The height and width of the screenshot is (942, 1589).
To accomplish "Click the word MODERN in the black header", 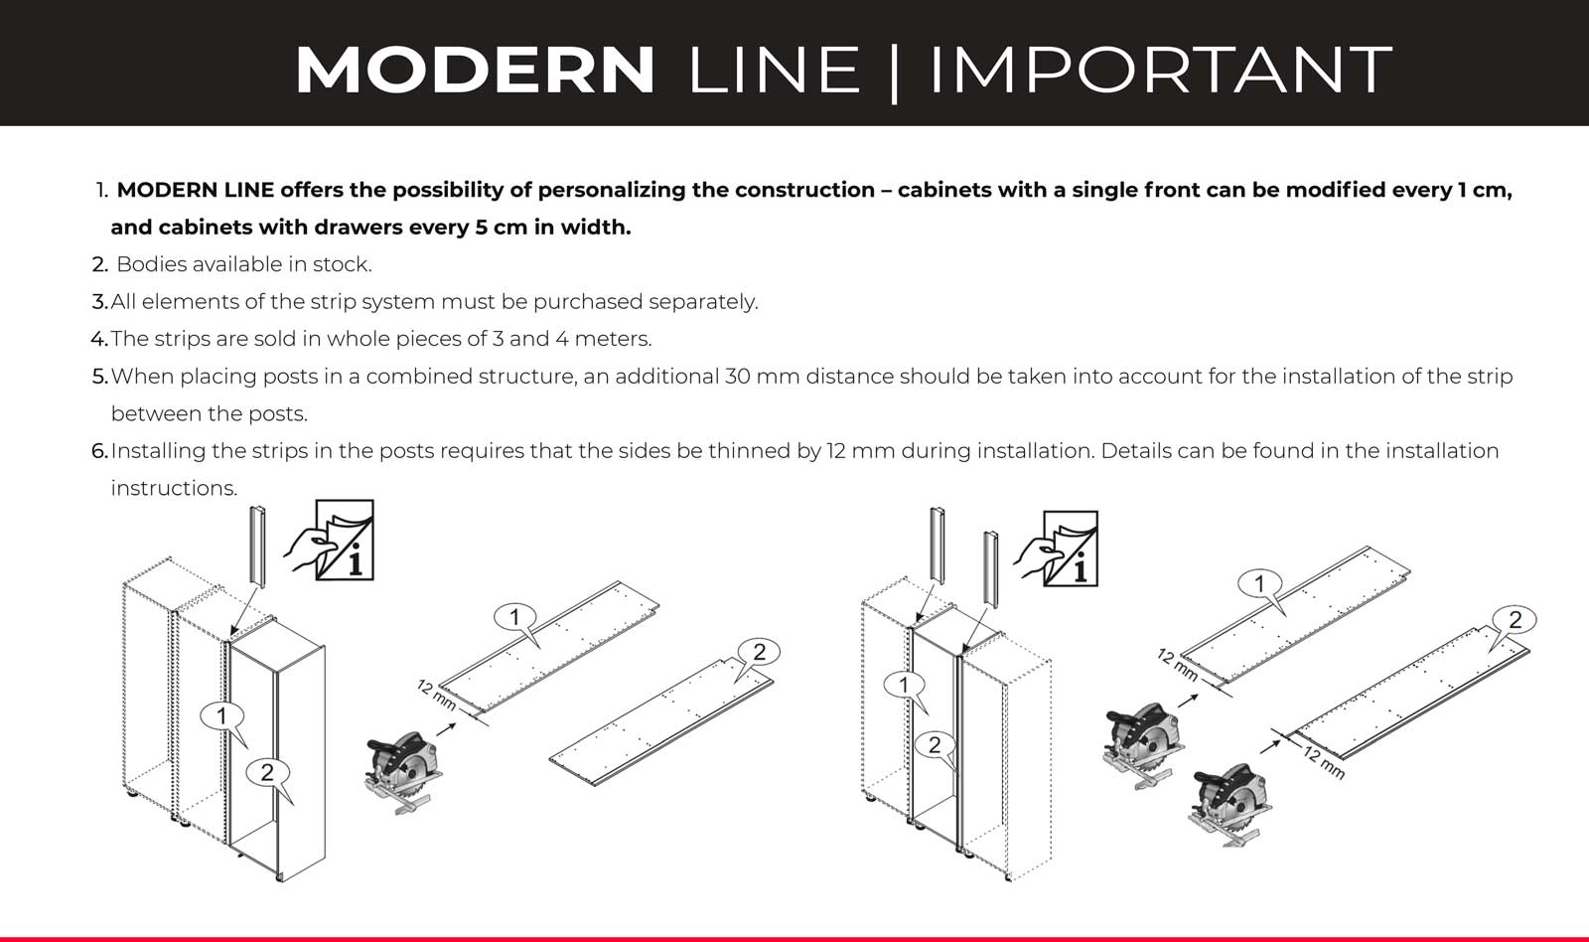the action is tap(475, 69).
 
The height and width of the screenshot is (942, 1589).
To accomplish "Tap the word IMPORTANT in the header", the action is tap(1161, 69).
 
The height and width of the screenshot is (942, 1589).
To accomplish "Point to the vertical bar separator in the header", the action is tap(894, 74).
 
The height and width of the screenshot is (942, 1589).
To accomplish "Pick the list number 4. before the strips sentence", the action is tap(99, 339).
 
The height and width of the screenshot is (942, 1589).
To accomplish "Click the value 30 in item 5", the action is tap(737, 377).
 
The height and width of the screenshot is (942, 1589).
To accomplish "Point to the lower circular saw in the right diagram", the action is tap(1230, 804).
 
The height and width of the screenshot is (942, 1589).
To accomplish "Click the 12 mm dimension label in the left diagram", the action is tap(436, 695).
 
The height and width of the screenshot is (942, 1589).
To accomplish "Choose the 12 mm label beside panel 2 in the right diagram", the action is tap(1324, 762).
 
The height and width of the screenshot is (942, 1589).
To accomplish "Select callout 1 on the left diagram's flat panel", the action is tap(515, 617).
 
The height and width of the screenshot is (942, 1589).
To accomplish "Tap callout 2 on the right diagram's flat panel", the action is tap(1515, 620).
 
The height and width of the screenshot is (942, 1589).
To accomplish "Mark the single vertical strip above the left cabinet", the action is tap(257, 547).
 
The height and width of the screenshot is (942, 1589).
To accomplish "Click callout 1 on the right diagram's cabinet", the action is tap(904, 685).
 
